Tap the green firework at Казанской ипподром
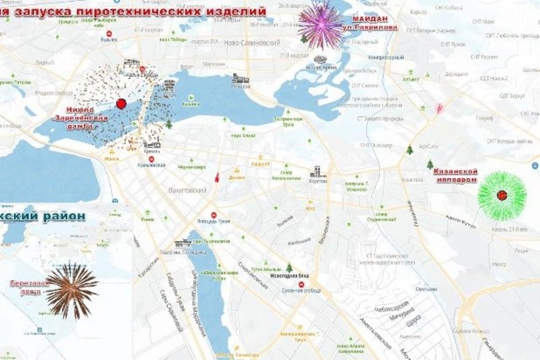click(x=502, y=195)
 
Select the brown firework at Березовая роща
click(x=72, y=290)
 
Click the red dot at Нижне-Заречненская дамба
click(x=121, y=103)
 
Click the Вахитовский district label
click(x=187, y=189)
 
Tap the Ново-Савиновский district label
click(x=252, y=43)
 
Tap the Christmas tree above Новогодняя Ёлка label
click(x=290, y=268)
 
